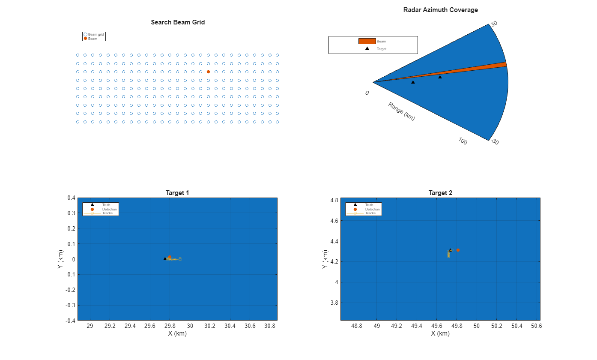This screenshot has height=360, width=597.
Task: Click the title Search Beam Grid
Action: pos(178,22)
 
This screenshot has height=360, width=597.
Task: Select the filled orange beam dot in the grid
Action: pos(208,72)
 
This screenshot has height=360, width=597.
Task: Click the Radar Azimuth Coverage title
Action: pos(440,10)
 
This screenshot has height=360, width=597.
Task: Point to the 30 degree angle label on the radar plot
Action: pos(494,24)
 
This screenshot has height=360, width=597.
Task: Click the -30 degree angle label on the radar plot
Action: pos(494,142)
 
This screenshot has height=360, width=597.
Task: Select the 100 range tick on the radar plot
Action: pos(463,141)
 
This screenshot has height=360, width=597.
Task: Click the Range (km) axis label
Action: pos(401,111)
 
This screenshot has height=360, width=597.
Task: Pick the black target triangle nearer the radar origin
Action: pos(413,82)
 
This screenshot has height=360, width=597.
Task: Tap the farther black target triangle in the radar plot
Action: pos(440,77)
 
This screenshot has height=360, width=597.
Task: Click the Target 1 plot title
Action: pos(177,193)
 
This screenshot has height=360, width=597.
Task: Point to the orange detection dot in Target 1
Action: pos(170,257)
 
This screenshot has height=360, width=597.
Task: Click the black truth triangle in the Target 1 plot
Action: pos(165,258)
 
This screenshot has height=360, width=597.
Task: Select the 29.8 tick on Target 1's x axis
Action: pos(170,326)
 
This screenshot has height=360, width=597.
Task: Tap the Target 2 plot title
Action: pos(440,193)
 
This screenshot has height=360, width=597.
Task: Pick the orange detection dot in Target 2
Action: pos(458,250)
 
